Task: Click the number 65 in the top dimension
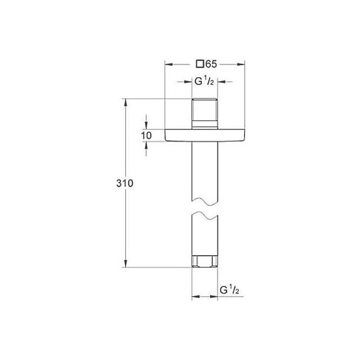coord(211,65)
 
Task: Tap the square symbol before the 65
coord(200,65)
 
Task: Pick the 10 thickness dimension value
coord(147,136)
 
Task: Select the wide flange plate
coord(205,136)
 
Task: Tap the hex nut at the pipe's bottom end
coord(204,262)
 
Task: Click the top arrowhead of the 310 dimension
coord(125,102)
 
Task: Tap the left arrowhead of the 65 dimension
coord(169,65)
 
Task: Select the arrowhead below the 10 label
coord(147,145)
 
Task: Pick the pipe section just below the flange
coord(204,169)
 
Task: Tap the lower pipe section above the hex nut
coord(204,238)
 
